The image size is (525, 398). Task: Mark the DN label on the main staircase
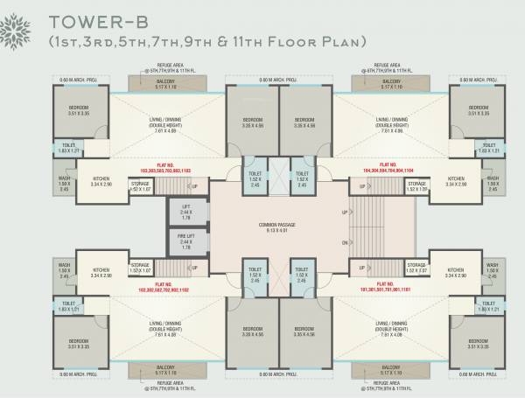click(x=346, y=243)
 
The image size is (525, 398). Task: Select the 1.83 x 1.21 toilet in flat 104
click(x=490, y=148)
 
